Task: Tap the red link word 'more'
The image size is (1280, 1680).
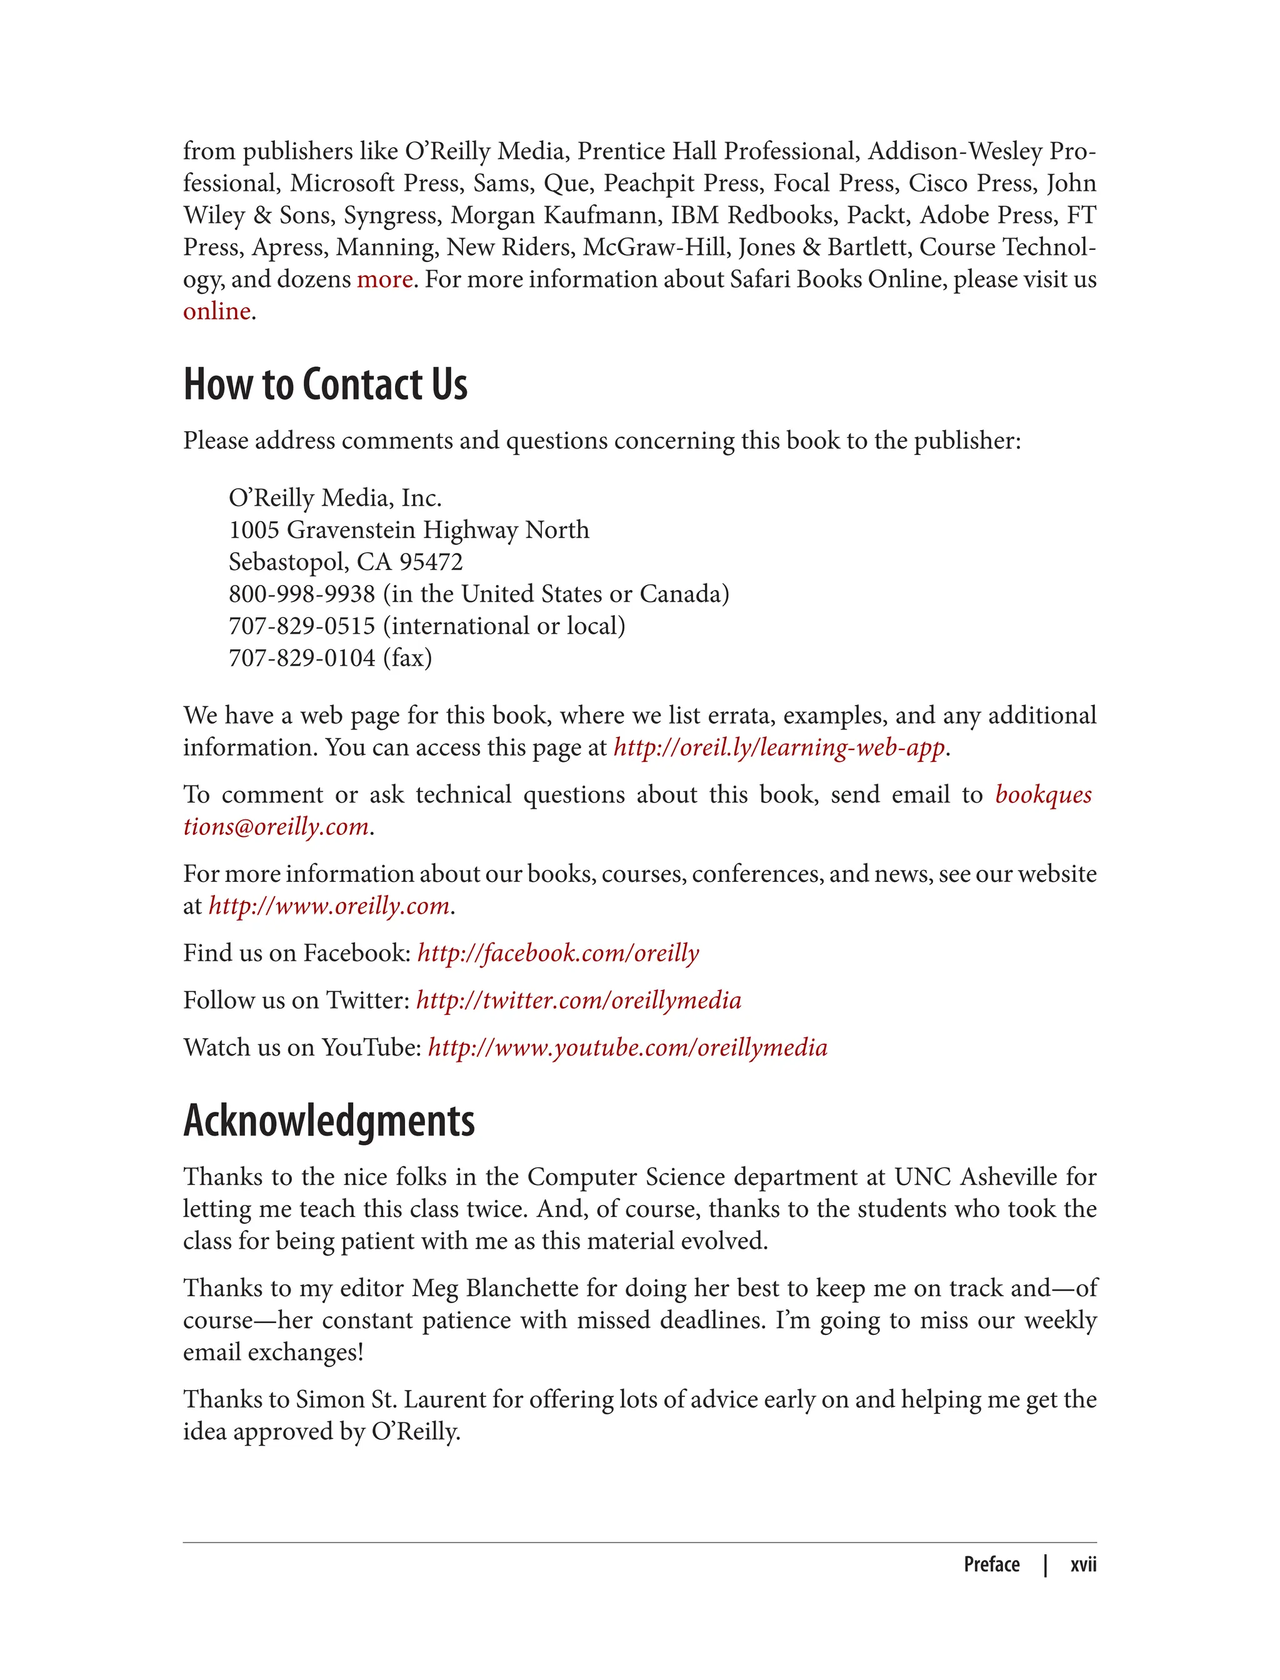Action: [385, 279]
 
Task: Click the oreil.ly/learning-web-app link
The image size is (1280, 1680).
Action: [779, 747]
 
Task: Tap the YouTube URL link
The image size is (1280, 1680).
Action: [627, 1047]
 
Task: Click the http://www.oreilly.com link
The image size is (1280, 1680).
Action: [328, 905]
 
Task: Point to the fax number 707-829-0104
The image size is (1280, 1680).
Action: [302, 657]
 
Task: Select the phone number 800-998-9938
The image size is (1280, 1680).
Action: [302, 594]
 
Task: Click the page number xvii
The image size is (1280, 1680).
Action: [1082, 1564]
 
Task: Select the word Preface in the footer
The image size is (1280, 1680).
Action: [991, 1564]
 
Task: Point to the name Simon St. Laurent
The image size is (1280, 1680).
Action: [390, 1399]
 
